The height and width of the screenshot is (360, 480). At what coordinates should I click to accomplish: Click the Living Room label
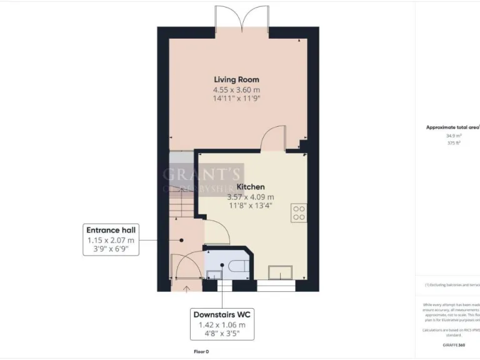coord(236,79)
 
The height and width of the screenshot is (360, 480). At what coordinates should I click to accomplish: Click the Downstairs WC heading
coord(225,314)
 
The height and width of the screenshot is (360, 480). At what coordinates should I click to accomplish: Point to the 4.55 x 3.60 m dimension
coord(236,90)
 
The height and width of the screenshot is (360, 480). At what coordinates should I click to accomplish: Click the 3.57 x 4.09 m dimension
coord(250,197)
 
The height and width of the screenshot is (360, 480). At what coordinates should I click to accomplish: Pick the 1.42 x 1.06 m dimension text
coord(225,325)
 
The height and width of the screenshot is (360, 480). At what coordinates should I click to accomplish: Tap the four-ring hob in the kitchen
coord(298,213)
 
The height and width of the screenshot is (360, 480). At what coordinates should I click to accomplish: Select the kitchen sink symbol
coord(281,272)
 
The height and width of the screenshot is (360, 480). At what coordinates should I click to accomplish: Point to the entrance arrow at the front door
coord(186,288)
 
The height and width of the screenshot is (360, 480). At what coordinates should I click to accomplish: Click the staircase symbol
coord(181,187)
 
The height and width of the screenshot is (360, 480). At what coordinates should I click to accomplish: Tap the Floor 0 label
coord(201,352)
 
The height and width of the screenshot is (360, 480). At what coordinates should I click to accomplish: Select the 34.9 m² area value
coord(454,136)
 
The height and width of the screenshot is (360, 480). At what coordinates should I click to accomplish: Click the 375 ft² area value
coord(454,143)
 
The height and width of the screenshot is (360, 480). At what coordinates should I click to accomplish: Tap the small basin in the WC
coord(214,274)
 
